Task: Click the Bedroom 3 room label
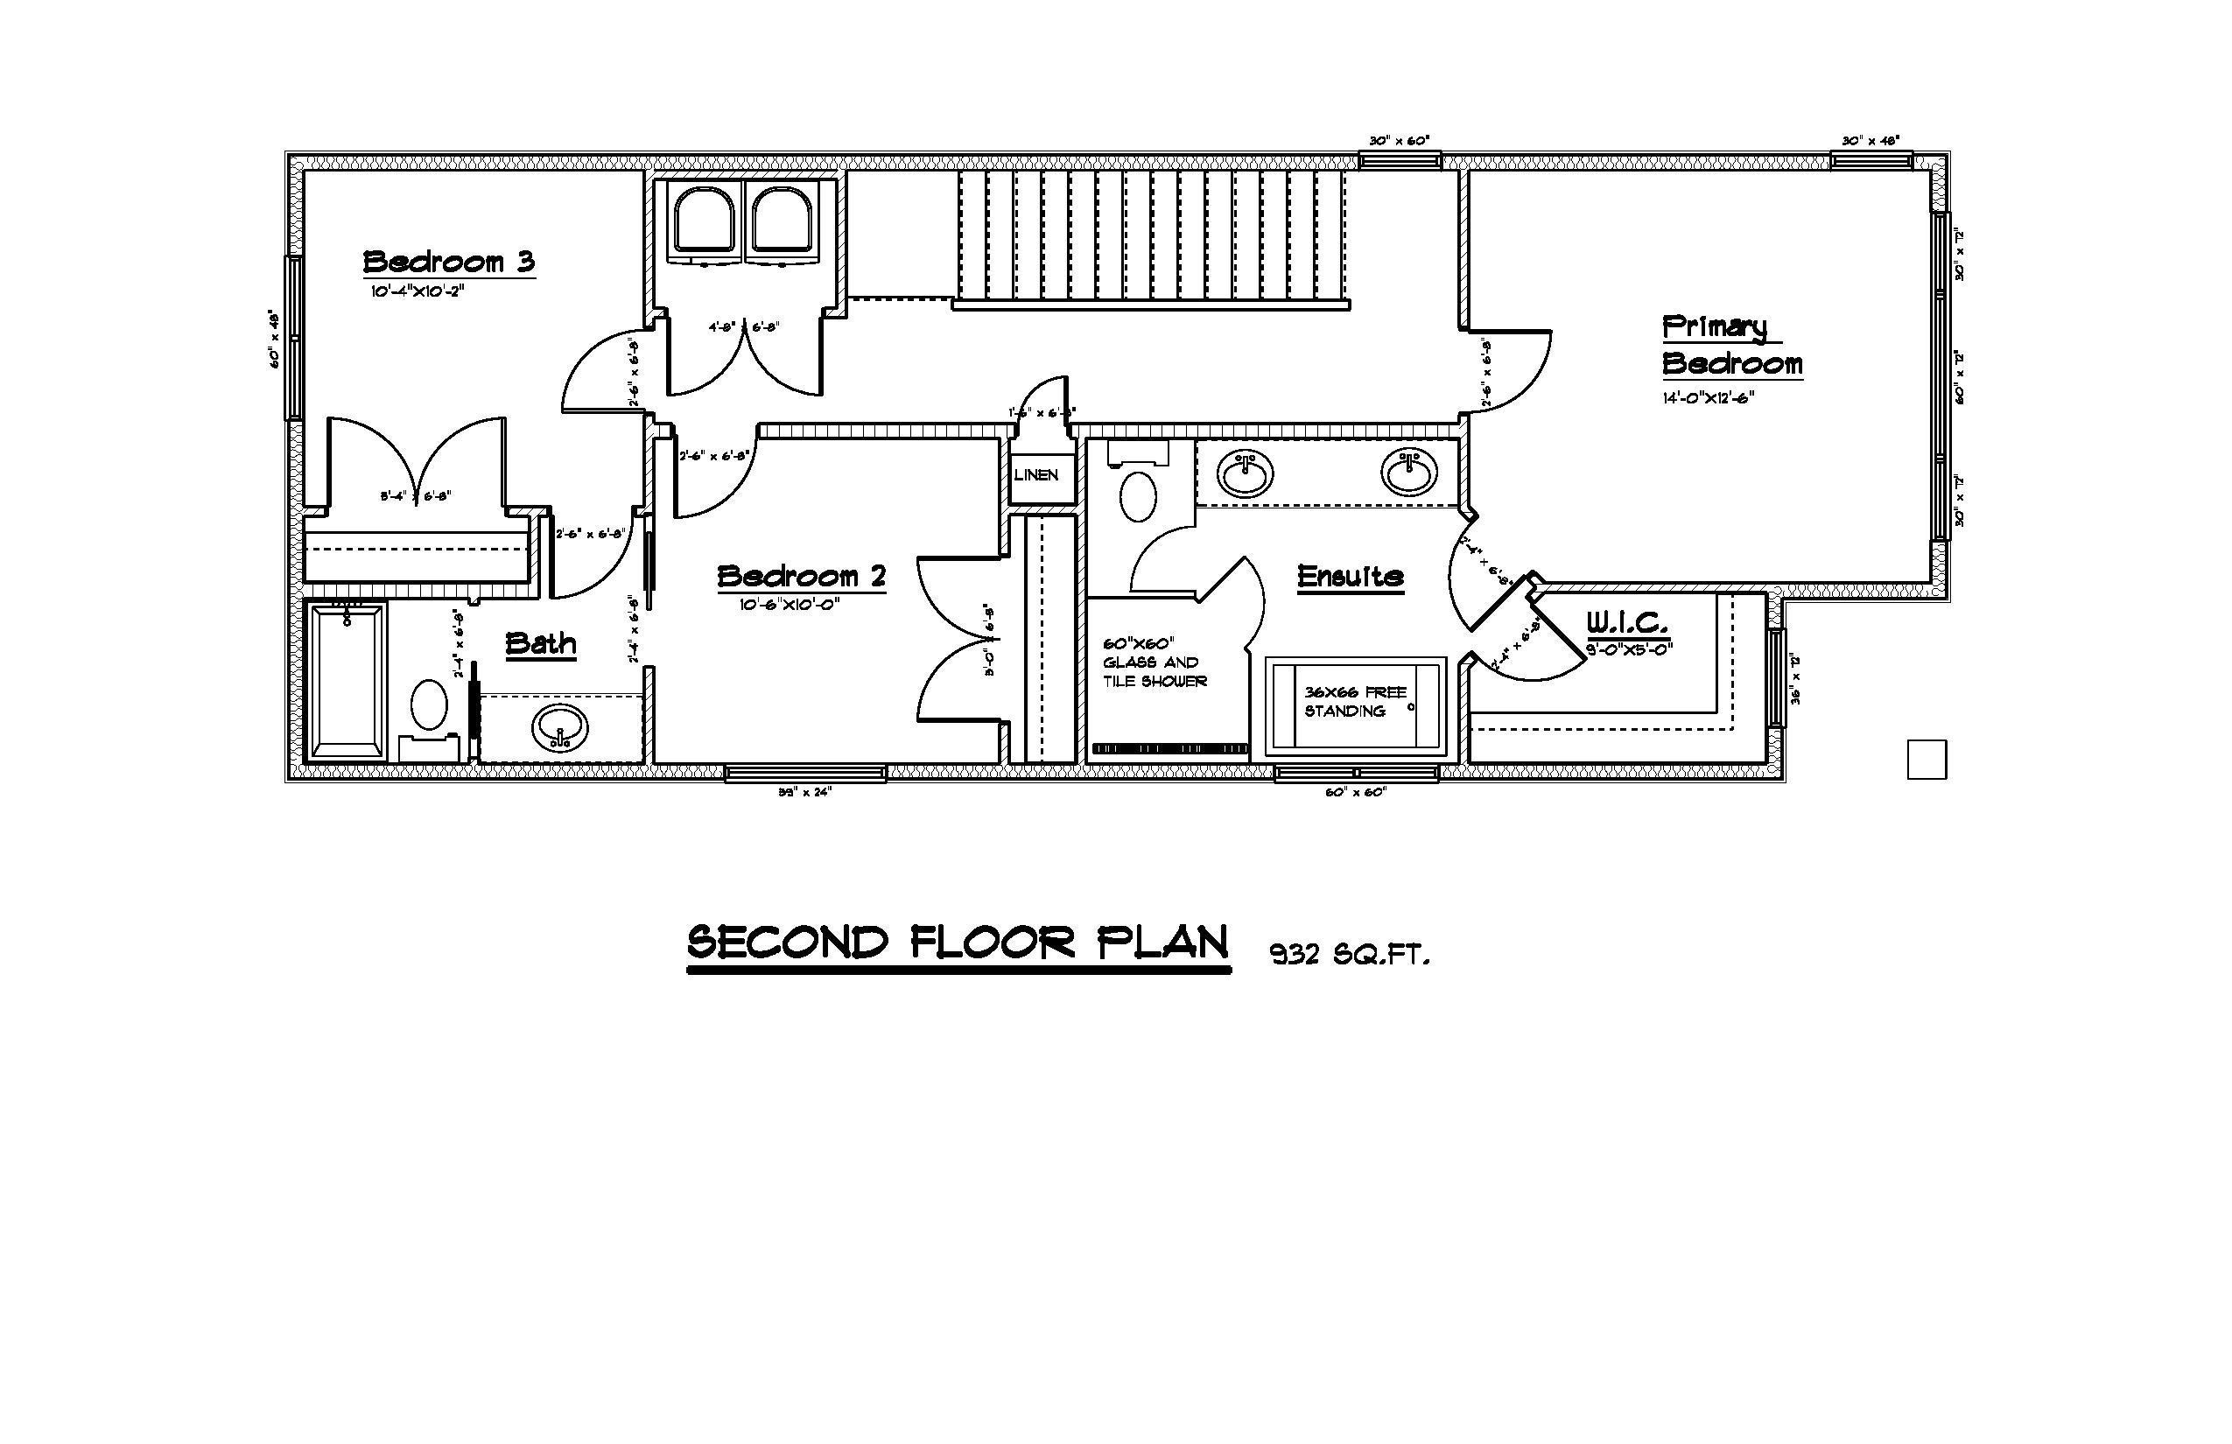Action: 448,262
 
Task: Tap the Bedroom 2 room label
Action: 801,576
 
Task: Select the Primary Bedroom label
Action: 1731,345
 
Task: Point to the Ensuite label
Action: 1350,576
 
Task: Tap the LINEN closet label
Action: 1035,475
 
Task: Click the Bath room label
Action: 540,643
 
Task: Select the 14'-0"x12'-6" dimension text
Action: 1708,397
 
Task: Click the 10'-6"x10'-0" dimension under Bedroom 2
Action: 789,605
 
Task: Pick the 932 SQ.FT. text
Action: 1350,956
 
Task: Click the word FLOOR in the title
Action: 993,943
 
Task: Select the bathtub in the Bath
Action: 347,681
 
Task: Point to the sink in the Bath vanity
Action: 560,726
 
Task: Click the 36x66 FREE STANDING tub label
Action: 1355,701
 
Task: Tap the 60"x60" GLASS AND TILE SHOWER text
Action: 1155,662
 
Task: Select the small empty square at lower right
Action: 1927,760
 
